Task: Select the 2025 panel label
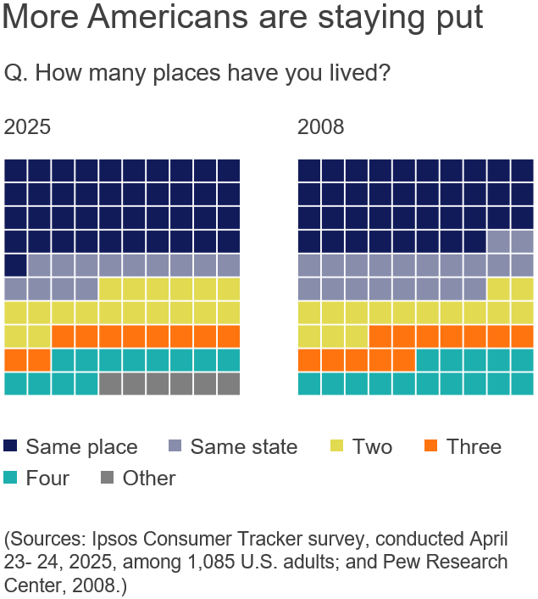pos(27,127)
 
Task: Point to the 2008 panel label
pos(320,127)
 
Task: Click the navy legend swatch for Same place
pos(12,446)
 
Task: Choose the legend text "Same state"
pos(244,446)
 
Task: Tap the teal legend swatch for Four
pos(12,478)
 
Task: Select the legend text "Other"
pos(149,478)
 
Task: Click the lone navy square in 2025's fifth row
pos(16,265)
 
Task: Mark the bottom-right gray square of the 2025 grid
pos(229,383)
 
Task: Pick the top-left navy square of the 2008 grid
pos(309,170)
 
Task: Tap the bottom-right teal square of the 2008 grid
pos(522,383)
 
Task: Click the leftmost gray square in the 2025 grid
pos(110,383)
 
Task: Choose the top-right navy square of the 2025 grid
pos(229,170)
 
